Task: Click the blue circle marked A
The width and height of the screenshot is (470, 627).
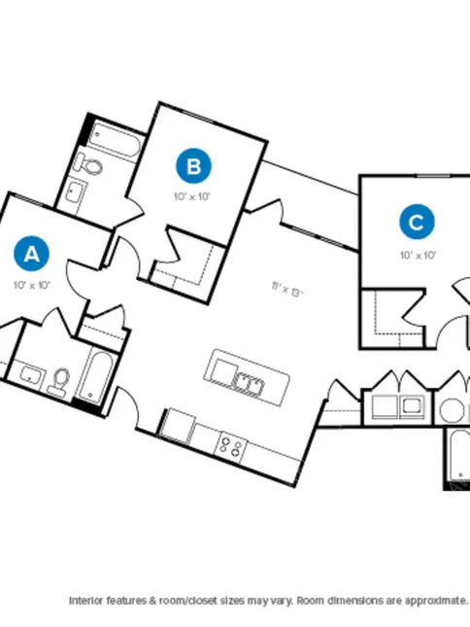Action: [31, 254]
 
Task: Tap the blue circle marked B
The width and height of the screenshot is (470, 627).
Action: [193, 166]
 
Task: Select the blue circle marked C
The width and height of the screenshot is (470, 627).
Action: [417, 222]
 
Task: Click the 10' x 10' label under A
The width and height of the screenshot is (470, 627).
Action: [31, 285]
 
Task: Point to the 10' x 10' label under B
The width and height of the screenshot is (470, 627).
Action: [192, 196]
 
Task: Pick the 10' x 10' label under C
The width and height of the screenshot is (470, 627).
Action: [419, 255]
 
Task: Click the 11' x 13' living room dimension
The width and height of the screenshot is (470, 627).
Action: [287, 289]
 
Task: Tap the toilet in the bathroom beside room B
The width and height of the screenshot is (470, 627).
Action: [90, 164]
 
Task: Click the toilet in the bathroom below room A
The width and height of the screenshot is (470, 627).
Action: [59, 382]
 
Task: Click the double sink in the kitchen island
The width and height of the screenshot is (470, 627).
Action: [249, 384]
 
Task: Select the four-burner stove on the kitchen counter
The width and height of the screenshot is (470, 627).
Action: [230, 447]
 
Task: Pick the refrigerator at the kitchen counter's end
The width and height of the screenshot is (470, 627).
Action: [176, 427]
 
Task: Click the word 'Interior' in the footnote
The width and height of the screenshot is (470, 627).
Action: [85, 600]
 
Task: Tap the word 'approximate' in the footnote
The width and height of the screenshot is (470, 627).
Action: [436, 601]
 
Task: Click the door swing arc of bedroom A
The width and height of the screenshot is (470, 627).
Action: [76, 282]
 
